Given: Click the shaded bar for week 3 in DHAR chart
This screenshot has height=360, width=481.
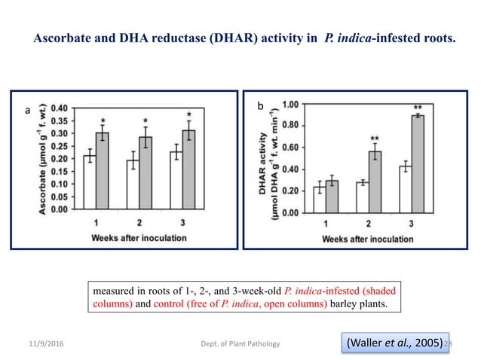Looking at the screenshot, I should pos(417,163).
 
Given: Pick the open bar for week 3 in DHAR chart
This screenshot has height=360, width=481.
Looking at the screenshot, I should pos(405,189).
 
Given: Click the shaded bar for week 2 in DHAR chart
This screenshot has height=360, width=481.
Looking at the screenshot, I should pos(375,182).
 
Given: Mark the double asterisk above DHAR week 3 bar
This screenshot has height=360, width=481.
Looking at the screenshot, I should pos(418,108).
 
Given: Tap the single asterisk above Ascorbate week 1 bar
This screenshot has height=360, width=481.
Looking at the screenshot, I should pos(103,121).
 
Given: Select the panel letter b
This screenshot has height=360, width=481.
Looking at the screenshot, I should pos(261,108).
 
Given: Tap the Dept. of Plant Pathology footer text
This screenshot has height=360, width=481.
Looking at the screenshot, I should pos(240,344).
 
